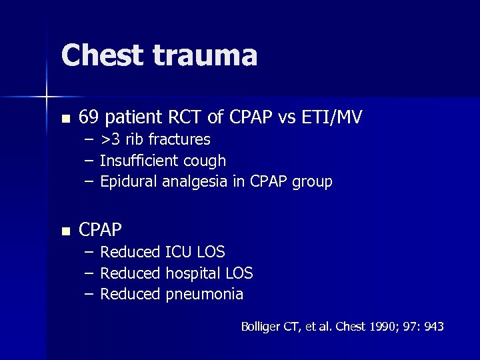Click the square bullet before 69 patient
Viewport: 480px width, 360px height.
[x=65, y=119]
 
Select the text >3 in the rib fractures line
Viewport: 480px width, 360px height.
[x=111, y=140]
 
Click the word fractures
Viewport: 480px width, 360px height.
[x=179, y=140]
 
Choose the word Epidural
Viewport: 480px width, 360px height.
[x=129, y=181]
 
